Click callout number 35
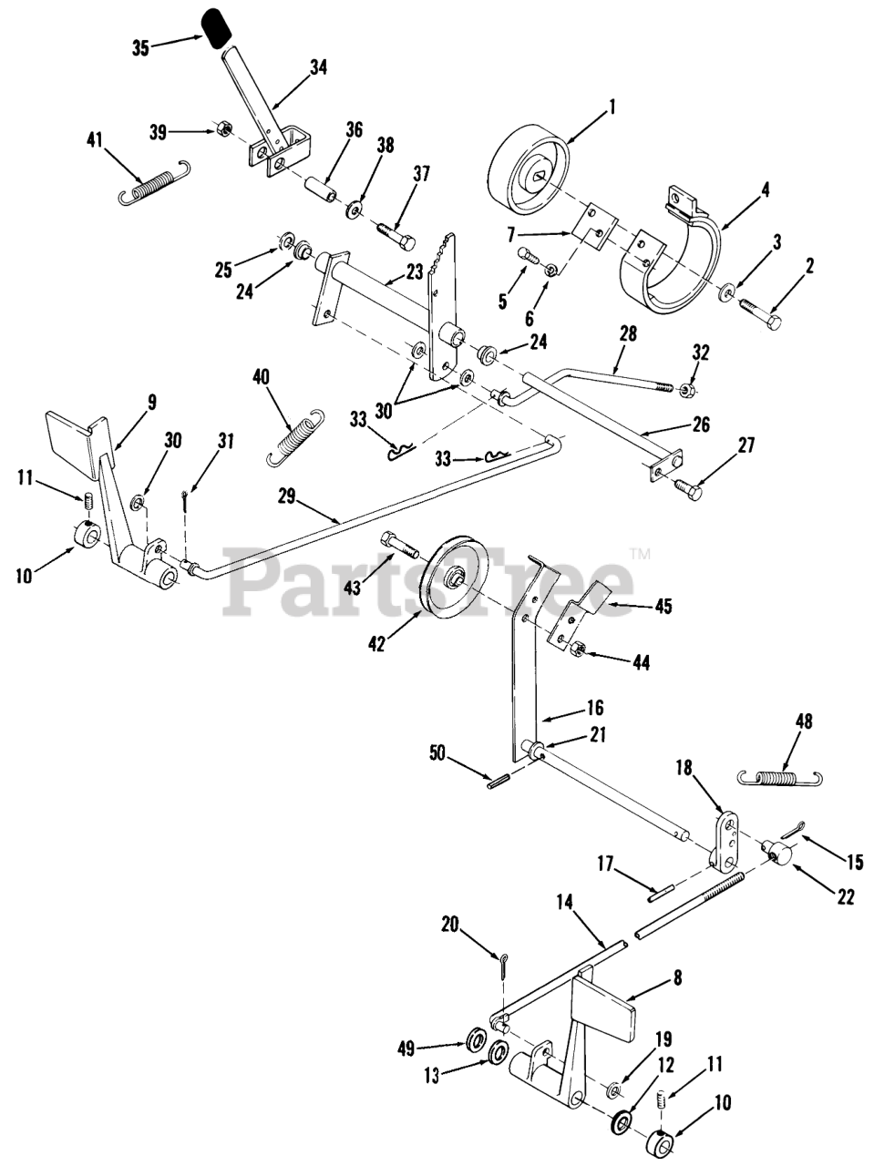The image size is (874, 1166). (139, 48)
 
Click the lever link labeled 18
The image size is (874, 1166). (726, 835)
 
